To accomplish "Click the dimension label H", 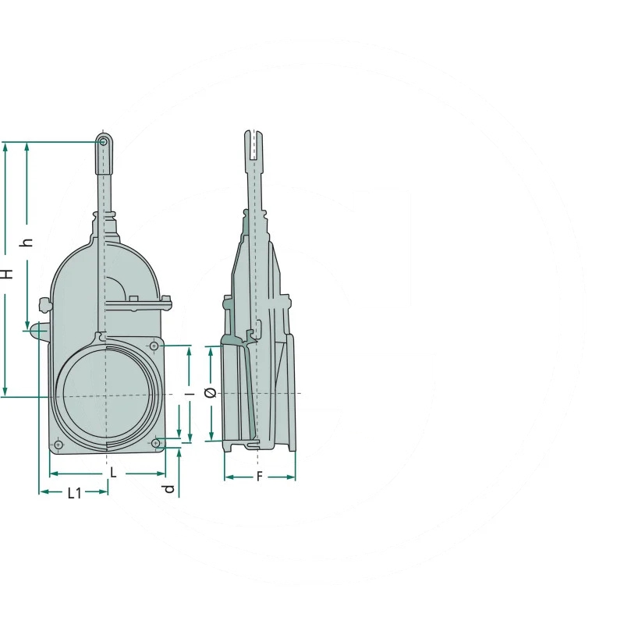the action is click(7, 274).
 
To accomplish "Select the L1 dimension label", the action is click(74, 494).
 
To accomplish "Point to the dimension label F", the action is click(260, 477).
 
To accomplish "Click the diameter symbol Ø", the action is click(210, 393).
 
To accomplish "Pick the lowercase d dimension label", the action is click(169, 489).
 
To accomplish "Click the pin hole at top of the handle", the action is click(103, 142).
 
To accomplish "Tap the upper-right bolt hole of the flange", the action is click(154, 346).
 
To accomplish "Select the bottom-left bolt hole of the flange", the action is click(58, 445).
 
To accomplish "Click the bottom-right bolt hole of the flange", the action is click(156, 443).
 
